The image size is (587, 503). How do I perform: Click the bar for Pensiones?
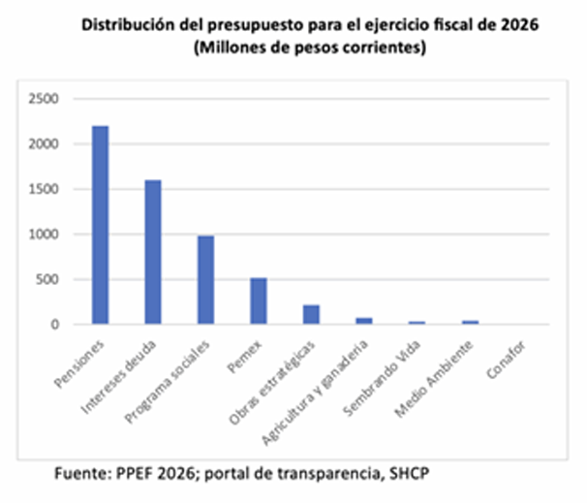100,225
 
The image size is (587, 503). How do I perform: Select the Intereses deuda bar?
152,252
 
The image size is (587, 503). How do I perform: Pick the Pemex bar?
258,301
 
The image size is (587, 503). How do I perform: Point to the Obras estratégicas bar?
310,315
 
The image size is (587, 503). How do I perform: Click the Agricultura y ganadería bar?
363,321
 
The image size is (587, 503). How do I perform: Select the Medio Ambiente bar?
469,322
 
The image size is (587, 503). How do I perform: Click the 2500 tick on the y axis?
45,99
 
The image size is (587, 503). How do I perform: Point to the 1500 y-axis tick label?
45,189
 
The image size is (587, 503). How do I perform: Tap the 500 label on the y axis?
48,279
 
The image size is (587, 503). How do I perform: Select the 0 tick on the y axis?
55,325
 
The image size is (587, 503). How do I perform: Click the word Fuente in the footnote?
80,475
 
